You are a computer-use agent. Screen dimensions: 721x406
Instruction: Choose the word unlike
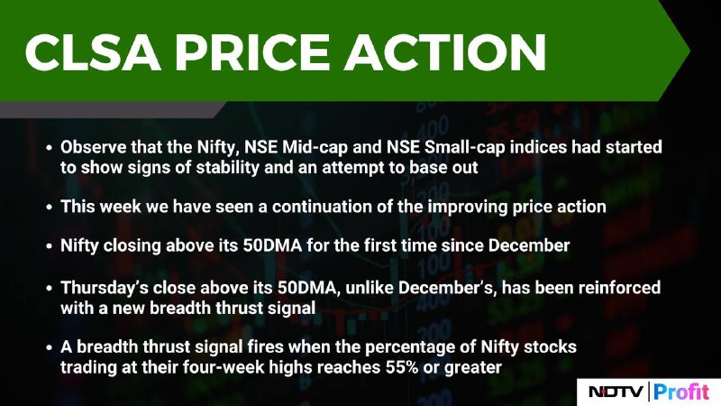370,288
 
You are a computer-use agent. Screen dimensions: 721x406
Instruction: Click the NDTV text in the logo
616,392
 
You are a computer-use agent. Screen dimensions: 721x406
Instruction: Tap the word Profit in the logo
681,392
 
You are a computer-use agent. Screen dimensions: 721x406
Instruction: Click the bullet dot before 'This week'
50,208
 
